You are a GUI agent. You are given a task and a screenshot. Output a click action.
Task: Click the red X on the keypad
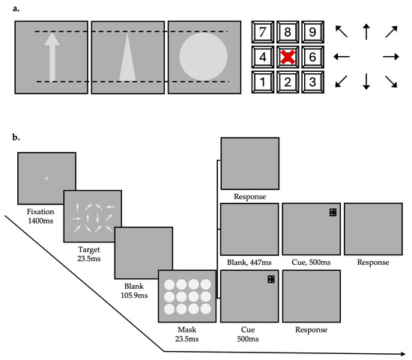tap(288, 57)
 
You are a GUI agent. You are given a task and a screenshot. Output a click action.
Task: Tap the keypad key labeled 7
tap(263, 32)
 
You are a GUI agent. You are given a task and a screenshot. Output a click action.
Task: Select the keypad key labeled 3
tap(312, 82)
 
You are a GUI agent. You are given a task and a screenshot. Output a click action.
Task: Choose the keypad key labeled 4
tap(263, 57)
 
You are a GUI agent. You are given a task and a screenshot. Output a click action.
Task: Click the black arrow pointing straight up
tap(366, 31)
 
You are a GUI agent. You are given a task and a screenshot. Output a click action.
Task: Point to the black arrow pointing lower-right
tap(391, 82)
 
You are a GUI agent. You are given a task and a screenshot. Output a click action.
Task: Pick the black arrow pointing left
tap(342, 56)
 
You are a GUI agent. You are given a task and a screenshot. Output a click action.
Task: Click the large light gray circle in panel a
tap(203, 56)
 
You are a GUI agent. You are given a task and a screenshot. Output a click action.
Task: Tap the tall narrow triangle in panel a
tap(127, 57)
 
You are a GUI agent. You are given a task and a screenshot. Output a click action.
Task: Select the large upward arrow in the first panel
tap(52, 57)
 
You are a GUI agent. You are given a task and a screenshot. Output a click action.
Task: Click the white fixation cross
tap(46, 179)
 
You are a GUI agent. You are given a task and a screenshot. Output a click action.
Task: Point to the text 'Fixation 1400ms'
tap(40, 216)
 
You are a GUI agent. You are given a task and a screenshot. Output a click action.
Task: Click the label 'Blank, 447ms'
tap(249, 262)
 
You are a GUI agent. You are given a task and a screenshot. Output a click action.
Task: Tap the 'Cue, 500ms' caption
tap(311, 262)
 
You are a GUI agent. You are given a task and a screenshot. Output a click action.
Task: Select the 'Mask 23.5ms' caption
tap(187, 334)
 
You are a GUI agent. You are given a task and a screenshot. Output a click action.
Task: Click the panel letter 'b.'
tap(16, 137)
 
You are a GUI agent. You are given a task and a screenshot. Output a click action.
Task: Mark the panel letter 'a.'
tap(16, 8)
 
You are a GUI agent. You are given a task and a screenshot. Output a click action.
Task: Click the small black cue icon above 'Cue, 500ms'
tap(333, 213)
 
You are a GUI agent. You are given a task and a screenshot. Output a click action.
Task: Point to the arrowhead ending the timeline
tap(403, 354)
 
